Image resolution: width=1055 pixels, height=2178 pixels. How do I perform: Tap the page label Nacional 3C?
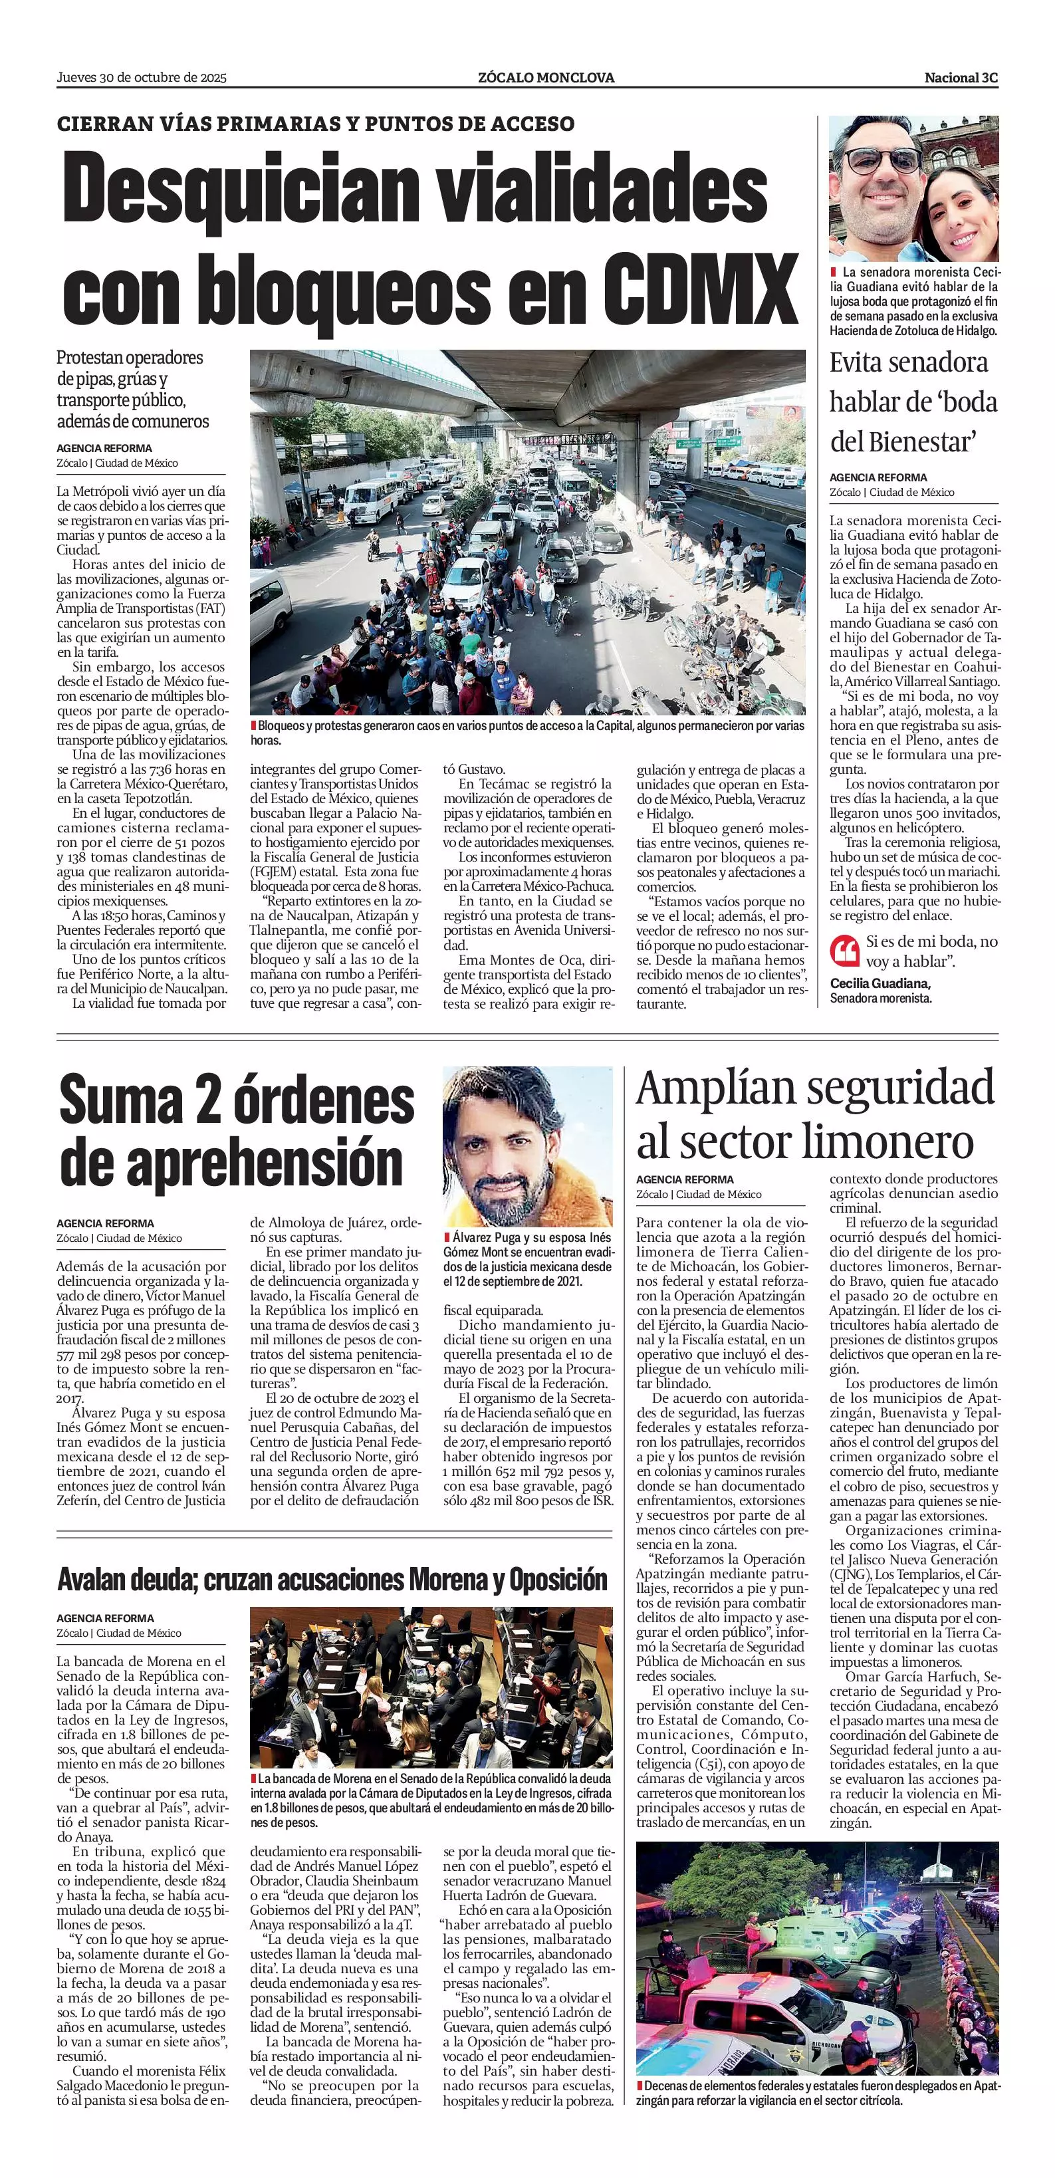coord(961,78)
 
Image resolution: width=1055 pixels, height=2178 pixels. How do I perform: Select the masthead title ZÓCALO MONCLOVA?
coord(545,78)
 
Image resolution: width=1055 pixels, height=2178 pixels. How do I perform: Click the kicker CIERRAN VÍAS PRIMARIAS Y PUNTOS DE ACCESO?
coord(315,124)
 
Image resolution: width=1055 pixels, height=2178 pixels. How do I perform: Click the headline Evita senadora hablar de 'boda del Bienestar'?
coord(913,402)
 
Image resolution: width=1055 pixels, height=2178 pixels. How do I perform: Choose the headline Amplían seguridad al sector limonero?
coord(815,1114)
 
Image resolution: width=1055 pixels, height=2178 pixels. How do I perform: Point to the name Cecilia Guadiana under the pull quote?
coord(880,983)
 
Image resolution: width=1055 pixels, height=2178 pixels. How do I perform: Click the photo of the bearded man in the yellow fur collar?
coord(528,1142)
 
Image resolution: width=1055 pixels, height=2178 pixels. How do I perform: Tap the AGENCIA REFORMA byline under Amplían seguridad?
coord(685,1179)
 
